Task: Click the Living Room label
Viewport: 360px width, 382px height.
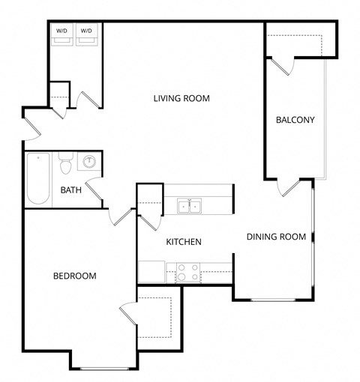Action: (181, 98)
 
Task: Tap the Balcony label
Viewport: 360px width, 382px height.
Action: (295, 120)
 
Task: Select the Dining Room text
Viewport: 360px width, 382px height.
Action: (276, 237)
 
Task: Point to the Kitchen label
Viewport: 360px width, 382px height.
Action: (183, 242)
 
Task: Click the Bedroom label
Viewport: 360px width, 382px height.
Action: (74, 276)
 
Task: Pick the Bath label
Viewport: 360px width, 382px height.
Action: (70, 190)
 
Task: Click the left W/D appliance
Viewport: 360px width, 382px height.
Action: (61, 35)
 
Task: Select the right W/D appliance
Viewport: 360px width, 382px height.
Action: (87, 35)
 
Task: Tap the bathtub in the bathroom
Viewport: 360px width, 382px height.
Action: (37, 178)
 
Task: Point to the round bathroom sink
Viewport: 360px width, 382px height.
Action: (89, 161)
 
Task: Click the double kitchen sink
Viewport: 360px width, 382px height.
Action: (190, 205)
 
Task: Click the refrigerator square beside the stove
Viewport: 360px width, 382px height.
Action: (151, 272)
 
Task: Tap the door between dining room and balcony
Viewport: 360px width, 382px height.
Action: (287, 187)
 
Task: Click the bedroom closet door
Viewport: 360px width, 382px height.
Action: (127, 315)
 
